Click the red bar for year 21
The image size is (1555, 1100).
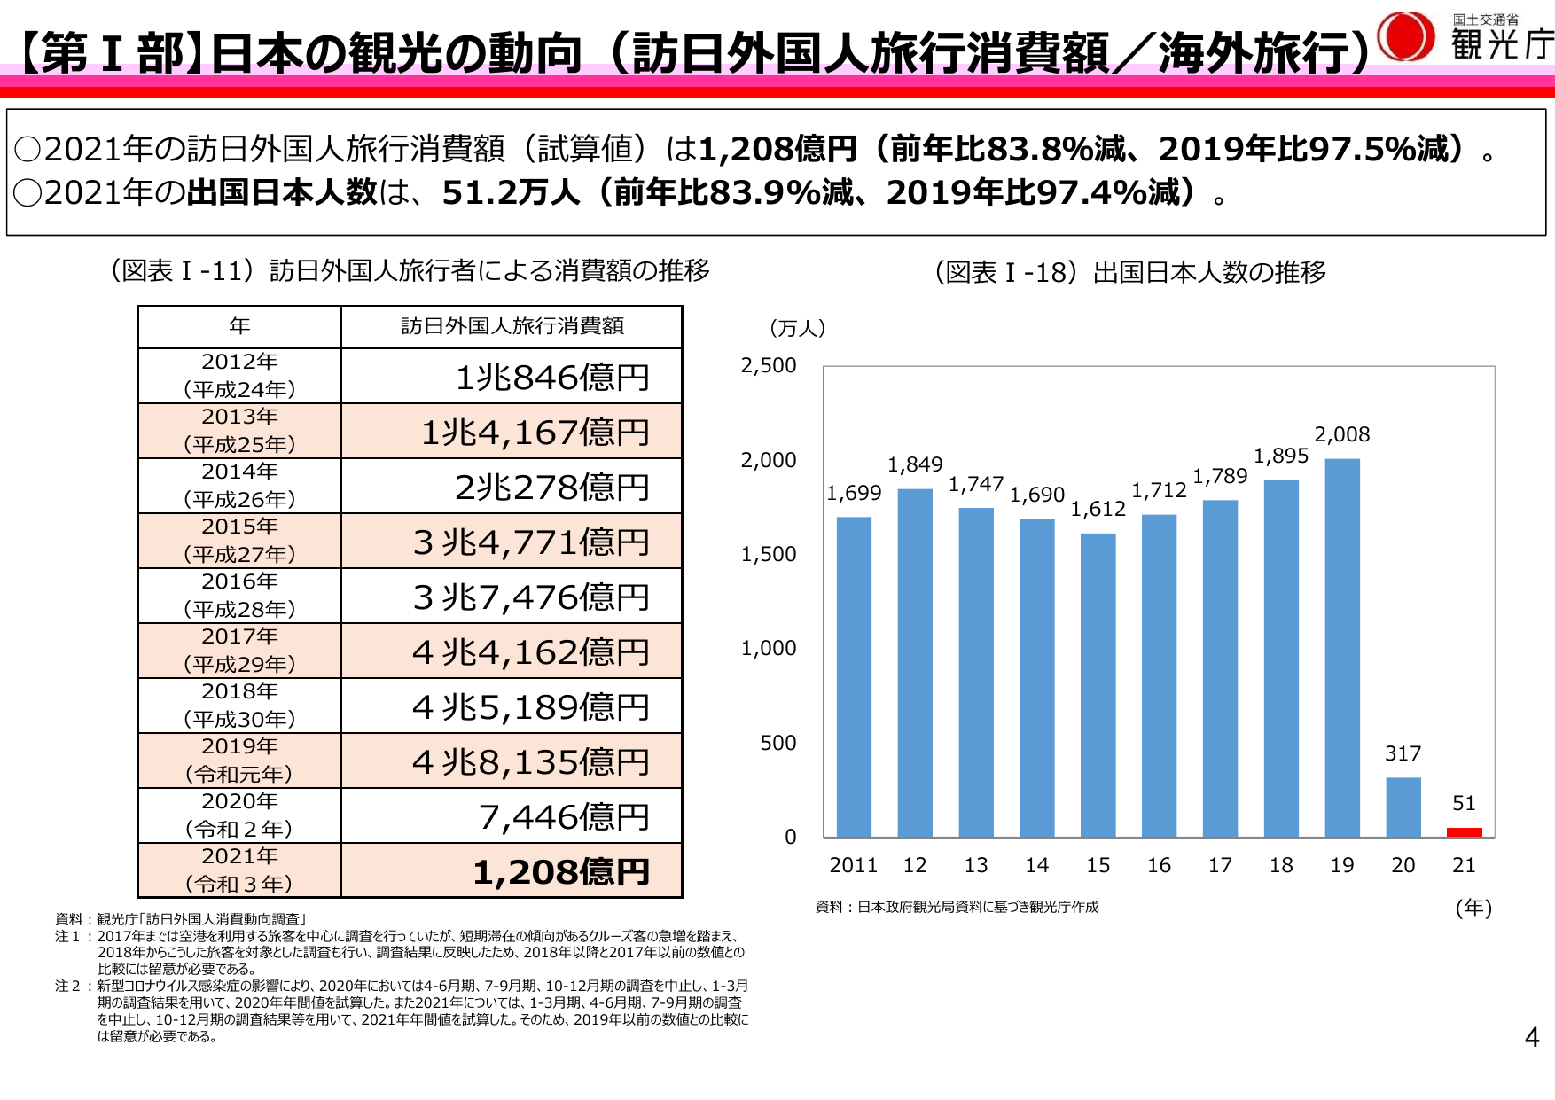click(1464, 832)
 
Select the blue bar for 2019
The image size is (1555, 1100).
click(1342, 647)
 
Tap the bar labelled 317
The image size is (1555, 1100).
click(1403, 807)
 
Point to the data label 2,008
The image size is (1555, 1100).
click(1341, 434)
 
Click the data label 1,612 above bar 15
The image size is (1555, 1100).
click(1098, 509)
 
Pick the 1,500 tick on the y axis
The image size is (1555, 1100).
click(769, 554)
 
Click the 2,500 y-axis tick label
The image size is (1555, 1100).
click(769, 365)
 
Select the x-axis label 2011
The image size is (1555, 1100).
click(853, 865)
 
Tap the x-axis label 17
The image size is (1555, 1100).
click(1220, 865)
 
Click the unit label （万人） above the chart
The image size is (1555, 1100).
click(797, 328)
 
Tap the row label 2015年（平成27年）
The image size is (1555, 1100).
click(239, 541)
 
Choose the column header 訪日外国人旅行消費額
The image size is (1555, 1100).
click(512, 326)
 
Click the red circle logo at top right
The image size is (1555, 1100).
click(1406, 37)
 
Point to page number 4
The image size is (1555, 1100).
click(1531, 1037)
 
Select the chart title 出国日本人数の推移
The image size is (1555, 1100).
click(1209, 272)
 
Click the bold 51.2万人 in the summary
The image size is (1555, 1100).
click(510, 192)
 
